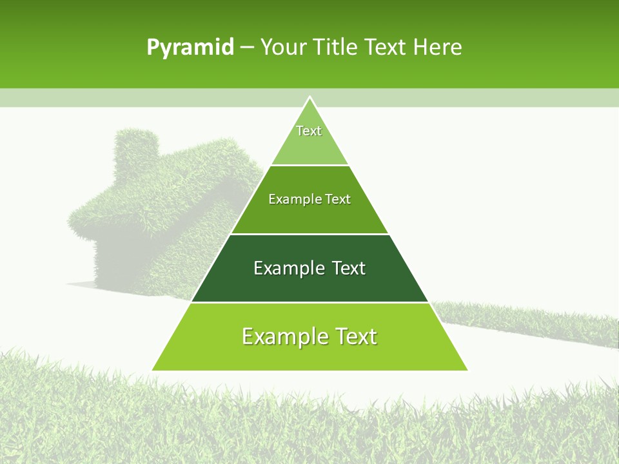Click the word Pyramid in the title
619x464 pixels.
click(190, 48)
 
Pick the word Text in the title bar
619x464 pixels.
click(385, 47)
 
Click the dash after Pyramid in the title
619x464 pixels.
click(247, 48)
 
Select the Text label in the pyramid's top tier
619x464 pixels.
click(309, 131)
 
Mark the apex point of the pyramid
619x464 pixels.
click(309, 97)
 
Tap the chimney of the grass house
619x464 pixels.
click(136, 151)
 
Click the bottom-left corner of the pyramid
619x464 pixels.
click(153, 370)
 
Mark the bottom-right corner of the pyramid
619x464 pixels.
click(467, 370)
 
